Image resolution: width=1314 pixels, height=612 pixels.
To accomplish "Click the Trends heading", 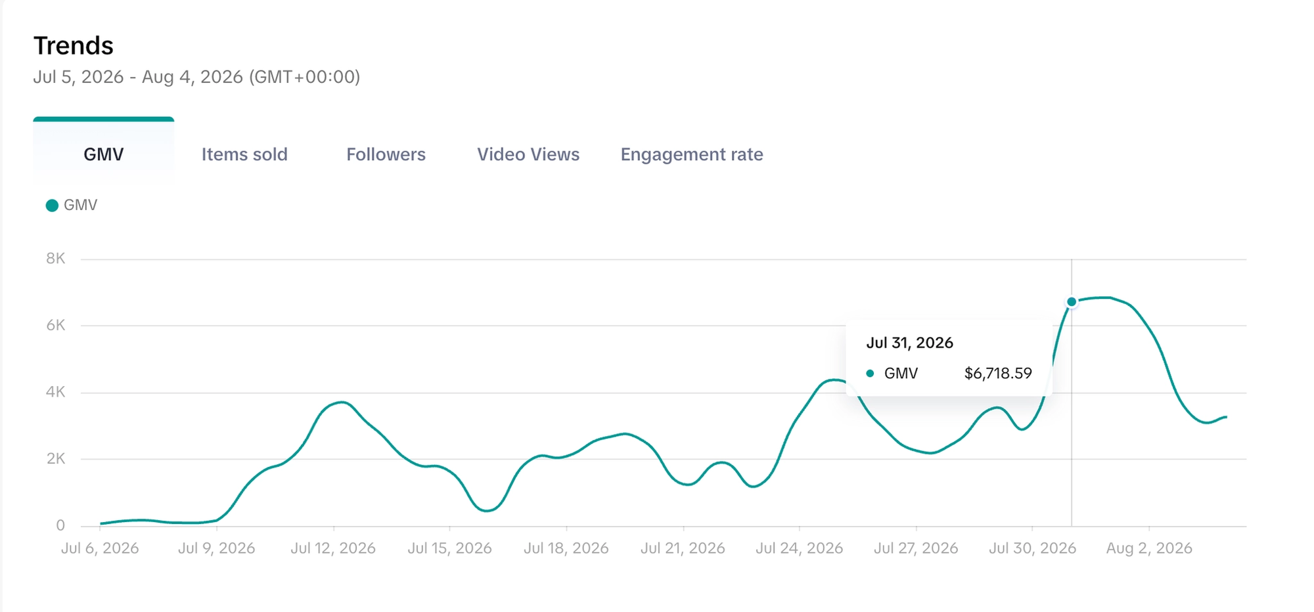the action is (74, 46).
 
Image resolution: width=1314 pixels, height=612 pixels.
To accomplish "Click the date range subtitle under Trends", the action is (196, 77).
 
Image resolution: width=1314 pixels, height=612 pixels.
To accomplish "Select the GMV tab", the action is (104, 154).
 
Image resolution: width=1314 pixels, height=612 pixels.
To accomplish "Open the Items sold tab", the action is (244, 154).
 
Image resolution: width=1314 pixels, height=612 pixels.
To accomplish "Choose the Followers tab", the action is (386, 154).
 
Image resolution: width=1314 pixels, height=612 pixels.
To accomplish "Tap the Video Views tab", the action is (528, 154).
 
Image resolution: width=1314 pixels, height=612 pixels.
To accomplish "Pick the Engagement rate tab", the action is (692, 154).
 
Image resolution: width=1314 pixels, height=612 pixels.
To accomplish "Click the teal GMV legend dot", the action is (52, 206).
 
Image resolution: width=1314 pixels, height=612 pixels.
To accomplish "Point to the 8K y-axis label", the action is (56, 259).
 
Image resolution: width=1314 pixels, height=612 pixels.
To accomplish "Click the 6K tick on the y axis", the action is (56, 326).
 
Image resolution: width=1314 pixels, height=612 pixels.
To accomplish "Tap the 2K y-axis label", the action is (56, 459).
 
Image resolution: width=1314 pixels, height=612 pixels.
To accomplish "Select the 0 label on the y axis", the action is (60, 525).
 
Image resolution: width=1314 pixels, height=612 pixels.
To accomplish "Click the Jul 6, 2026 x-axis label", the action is (100, 548).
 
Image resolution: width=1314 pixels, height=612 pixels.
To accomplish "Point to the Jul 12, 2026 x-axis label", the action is (333, 548).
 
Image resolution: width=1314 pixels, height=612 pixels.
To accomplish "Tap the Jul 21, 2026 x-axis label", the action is (683, 548).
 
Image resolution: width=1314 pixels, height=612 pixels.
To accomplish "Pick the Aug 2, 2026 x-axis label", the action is (1149, 548).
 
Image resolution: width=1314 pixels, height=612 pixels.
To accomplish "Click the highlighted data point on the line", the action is (1072, 302).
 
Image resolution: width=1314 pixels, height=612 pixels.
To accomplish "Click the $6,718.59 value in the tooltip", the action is (998, 374).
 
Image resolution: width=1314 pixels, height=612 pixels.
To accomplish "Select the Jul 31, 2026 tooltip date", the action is (909, 343).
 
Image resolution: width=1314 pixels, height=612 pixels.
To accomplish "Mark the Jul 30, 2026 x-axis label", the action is (1033, 548).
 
